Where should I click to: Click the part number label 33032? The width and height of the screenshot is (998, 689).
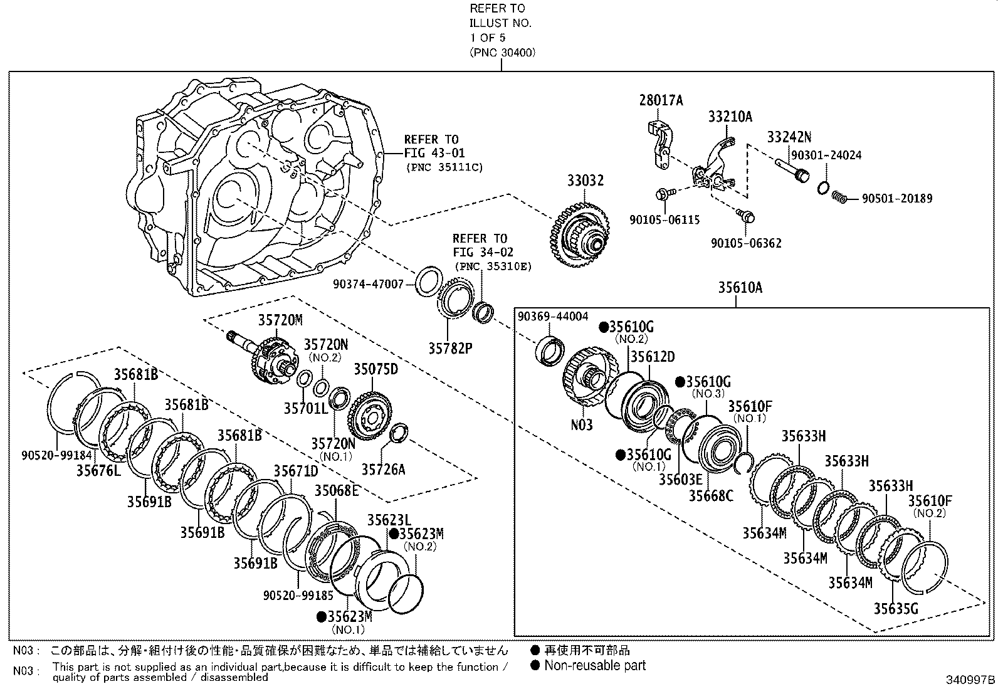586,181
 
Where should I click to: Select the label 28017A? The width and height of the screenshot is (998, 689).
661,100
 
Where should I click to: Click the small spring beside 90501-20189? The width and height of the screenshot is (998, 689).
839,198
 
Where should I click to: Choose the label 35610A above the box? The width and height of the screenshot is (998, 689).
740,288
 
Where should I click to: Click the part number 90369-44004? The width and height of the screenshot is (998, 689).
552,317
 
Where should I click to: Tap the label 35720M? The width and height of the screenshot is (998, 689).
280,320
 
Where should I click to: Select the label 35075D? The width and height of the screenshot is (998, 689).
376,369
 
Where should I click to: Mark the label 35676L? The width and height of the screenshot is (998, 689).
98,470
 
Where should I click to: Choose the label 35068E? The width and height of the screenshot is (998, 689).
337,490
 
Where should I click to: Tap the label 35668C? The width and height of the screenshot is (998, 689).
711,495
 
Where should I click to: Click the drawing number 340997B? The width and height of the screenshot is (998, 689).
970,680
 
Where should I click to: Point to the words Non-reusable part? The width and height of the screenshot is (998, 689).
594,666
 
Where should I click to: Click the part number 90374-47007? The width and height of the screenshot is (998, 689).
377,284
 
